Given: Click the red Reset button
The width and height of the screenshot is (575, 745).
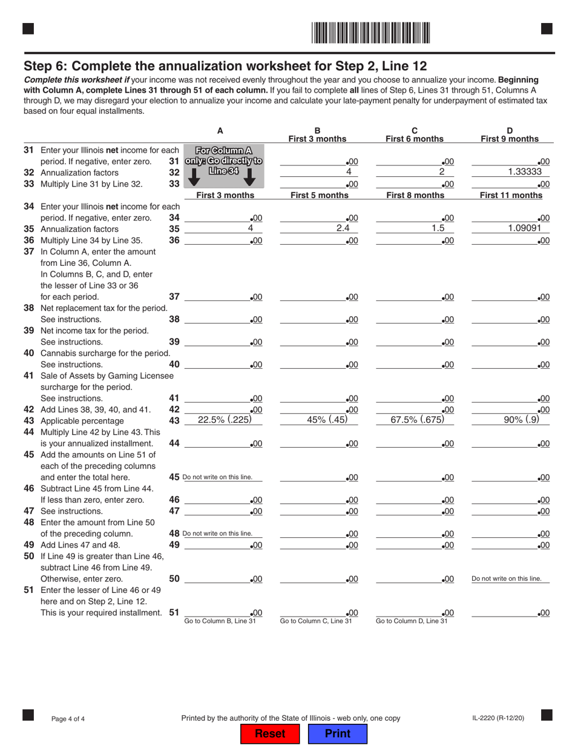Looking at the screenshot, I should pos(270,733).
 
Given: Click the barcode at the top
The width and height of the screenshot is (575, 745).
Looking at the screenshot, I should pos(371,32).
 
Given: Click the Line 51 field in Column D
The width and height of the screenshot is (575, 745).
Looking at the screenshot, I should pos(510,613).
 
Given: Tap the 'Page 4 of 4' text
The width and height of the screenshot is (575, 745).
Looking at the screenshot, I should pos(68,719).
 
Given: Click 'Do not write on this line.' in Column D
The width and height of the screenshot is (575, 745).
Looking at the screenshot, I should pos(510,579).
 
